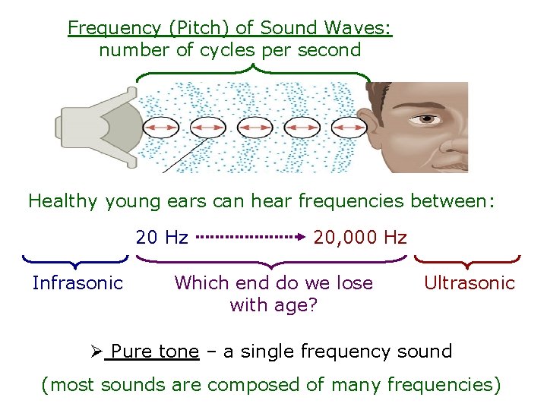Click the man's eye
click(x=428, y=118)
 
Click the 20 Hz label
click(x=162, y=238)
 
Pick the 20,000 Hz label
click(x=360, y=238)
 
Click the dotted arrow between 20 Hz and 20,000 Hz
click(x=251, y=237)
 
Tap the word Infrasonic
click(x=77, y=283)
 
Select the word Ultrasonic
click(x=470, y=283)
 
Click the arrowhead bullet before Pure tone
click(x=96, y=352)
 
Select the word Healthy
click(x=64, y=201)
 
